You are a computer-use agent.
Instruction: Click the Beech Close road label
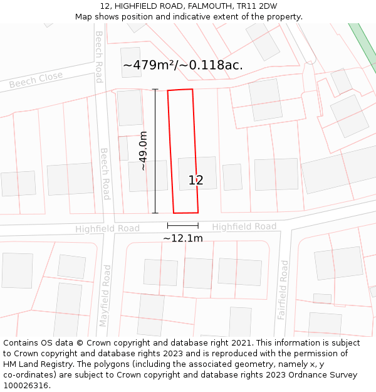[36, 80]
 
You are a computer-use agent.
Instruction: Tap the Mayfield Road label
[105, 295]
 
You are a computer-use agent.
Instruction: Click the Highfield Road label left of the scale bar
[107, 229]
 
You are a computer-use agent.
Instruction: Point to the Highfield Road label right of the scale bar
[244, 226]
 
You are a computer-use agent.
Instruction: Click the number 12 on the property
[196, 181]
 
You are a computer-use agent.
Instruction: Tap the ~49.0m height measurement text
[144, 151]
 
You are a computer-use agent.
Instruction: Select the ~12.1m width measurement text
[182, 238]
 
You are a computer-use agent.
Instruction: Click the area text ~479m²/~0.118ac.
[182, 65]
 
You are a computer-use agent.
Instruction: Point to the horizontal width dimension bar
[182, 225]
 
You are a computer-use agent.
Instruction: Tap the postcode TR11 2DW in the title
[257, 6]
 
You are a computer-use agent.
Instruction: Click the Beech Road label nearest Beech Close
[98, 56]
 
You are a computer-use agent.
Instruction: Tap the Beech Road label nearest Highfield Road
[105, 174]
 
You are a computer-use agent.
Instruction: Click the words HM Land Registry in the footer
[32, 364]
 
